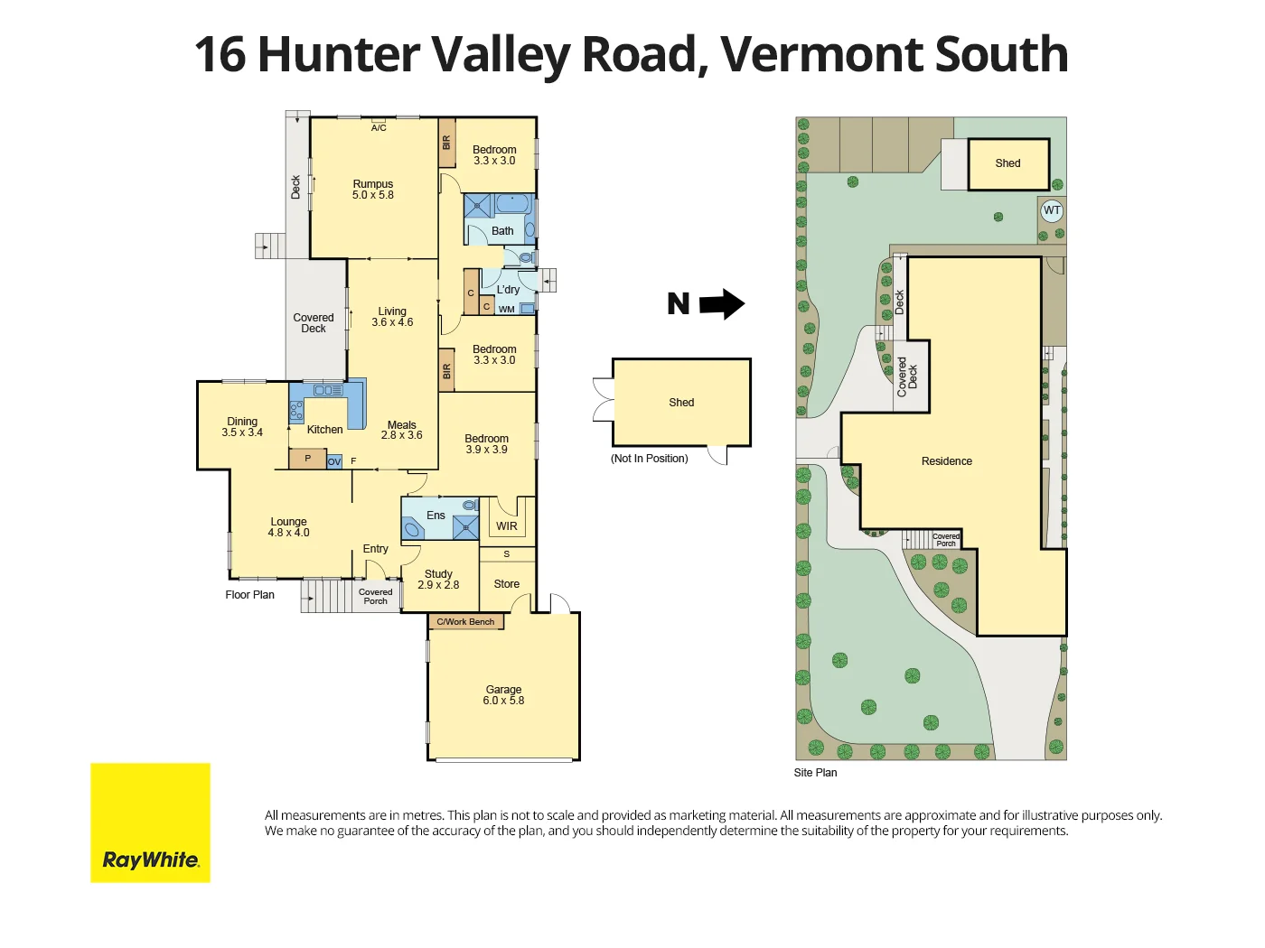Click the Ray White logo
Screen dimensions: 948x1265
pos(150,823)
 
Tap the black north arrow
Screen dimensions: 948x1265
pos(722,303)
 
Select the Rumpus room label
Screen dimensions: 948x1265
pos(372,184)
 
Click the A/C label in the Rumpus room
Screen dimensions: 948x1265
pos(379,128)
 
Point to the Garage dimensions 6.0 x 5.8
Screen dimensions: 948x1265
pos(503,701)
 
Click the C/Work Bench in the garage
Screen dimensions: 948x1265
pos(465,621)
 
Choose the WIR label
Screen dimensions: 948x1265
pos(507,526)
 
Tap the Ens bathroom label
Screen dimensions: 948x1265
pos(436,516)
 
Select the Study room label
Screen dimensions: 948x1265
pos(438,574)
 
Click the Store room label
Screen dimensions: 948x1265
pos(507,584)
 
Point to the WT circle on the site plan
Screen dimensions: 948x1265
pos(1052,210)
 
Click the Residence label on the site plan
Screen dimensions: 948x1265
pos(947,461)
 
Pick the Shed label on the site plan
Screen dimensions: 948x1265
pos(1007,163)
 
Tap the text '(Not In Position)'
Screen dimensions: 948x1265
pos(649,459)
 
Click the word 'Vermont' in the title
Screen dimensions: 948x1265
pos(820,54)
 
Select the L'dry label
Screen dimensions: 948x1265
pos(508,290)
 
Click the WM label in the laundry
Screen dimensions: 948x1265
pos(506,310)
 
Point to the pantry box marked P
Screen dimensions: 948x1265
pos(307,459)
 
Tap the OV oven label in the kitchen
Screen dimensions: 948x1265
pos(334,461)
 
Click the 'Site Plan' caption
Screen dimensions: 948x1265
pos(815,773)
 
